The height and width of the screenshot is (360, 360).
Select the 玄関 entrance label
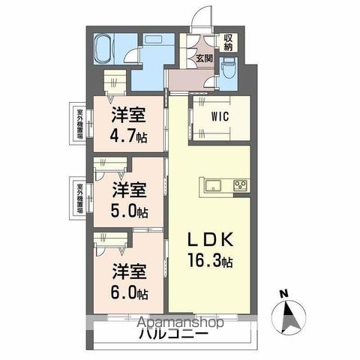[x=204, y=57]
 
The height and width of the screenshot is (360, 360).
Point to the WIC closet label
[x=219, y=117]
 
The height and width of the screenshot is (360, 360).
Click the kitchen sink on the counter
[x=211, y=184]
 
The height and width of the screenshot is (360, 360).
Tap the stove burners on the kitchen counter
[x=240, y=184]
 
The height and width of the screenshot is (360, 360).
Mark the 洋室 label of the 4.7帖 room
[x=130, y=115]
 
